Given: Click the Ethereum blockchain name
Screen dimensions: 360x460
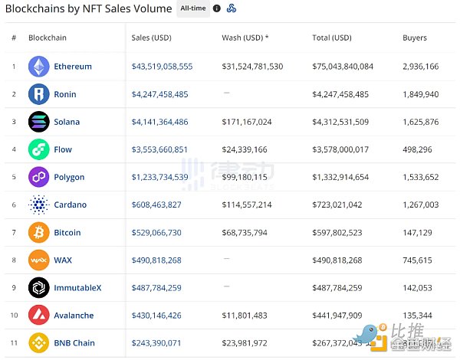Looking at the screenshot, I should click(72, 67).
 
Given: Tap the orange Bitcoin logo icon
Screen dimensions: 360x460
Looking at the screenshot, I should click(39, 232).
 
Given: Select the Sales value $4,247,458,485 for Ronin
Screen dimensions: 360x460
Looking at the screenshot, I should click(159, 94).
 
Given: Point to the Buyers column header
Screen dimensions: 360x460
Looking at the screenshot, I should click(415, 38).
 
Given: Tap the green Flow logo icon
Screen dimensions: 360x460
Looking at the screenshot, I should click(39, 149).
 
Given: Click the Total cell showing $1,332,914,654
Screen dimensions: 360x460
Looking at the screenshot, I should click(340, 177).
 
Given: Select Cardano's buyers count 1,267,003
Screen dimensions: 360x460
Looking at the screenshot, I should click(420, 205).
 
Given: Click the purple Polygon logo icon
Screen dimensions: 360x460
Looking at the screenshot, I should click(39, 177).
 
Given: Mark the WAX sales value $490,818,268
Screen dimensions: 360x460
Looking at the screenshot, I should click(156, 260).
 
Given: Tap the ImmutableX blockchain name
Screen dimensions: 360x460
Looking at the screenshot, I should click(77, 287).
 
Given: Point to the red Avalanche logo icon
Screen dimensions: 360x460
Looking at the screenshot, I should click(39, 315).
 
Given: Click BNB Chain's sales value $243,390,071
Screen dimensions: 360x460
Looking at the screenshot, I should click(156, 342).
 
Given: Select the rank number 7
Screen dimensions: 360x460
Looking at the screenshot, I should click(14, 232).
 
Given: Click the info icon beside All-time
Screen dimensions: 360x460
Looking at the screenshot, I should click(217, 8).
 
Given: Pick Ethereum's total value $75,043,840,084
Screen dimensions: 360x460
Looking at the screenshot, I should click(343, 67).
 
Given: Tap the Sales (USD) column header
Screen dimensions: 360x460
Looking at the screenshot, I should click(151, 38).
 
